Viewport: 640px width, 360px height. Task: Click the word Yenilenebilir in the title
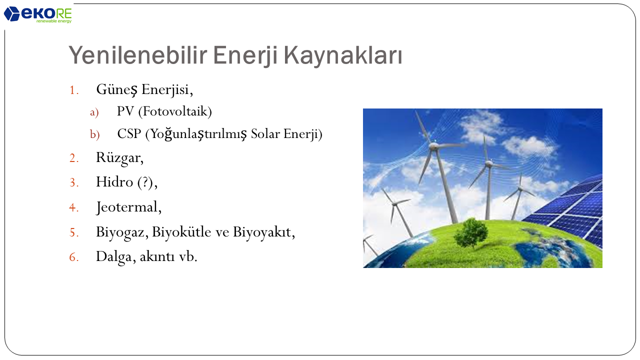[x=137, y=55]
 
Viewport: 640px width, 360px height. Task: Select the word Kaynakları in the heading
[x=343, y=55]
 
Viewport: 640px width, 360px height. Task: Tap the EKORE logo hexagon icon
[x=11, y=13]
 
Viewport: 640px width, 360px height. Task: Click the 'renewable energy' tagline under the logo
[x=54, y=21]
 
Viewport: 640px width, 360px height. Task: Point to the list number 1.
[x=73, y=90]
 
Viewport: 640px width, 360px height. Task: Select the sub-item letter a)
[x=94, y=112]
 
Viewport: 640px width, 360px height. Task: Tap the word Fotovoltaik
[x=175, y=111]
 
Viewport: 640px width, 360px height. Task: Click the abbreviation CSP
[x=129, y=133]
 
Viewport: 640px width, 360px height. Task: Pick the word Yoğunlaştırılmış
[x=198, y=134]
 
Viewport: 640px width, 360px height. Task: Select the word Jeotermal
[x=127, y=207]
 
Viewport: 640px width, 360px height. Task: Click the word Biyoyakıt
[x=262, y=231]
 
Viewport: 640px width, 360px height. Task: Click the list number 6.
[x=73, y=257]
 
